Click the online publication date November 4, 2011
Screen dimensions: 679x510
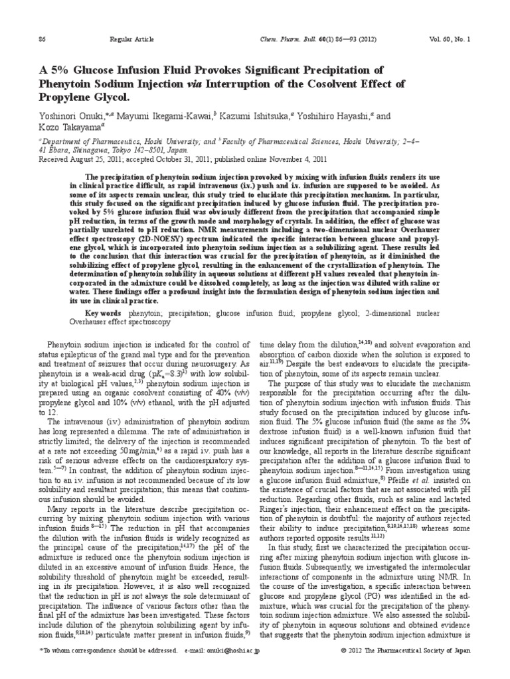click(295, 159)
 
